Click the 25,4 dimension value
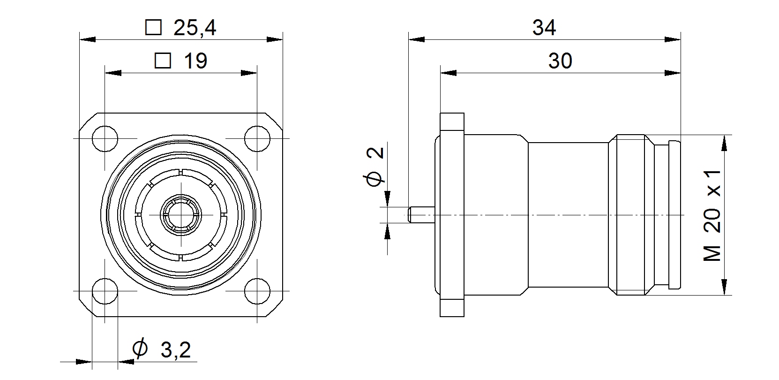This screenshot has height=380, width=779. [195, 28]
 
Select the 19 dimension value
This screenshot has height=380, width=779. [195, 61]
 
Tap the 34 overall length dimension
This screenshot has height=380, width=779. [544, 28]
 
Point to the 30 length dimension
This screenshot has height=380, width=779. [560, 61]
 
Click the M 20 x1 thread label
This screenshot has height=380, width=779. [712, 216]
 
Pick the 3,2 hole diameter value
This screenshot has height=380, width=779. [176, 350]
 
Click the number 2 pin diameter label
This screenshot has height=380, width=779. [375, 153]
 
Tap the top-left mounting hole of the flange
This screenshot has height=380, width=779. [105, 138]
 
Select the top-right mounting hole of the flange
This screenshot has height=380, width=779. [257, 138]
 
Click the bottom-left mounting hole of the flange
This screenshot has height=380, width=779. [105, 291]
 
